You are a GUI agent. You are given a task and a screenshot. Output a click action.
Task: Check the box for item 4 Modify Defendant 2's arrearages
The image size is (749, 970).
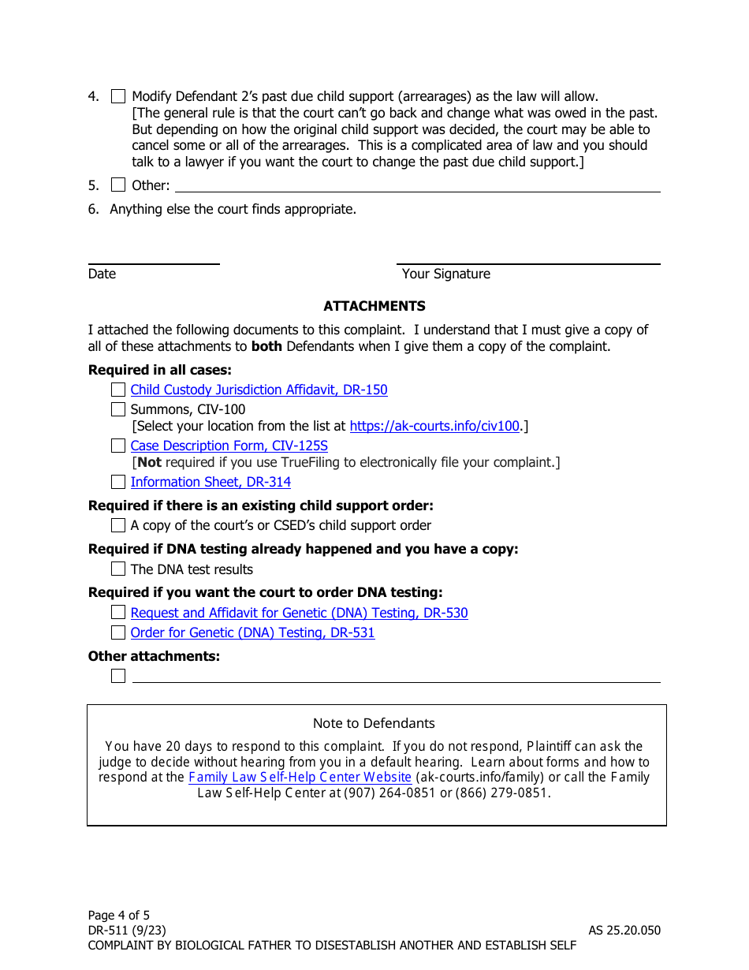118,97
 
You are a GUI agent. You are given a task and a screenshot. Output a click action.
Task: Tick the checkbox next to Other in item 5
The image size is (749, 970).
118,185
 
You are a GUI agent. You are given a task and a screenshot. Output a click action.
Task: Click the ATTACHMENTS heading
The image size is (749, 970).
374,306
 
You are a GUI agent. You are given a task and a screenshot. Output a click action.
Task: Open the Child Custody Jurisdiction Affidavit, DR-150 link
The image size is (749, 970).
259,390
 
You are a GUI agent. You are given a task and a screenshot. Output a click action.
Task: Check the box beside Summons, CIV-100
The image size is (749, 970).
118,409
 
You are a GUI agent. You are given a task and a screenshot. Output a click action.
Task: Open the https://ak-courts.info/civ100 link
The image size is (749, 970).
434,426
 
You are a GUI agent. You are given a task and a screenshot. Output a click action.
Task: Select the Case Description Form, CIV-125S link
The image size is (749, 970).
229,446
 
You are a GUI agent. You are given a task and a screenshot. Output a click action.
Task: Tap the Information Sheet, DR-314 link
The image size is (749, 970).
211,482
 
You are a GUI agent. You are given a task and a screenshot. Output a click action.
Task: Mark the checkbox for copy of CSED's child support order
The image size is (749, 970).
118,525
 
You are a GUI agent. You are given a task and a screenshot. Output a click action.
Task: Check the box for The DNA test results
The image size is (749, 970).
118,569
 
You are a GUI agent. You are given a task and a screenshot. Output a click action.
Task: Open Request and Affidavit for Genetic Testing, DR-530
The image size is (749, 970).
299,613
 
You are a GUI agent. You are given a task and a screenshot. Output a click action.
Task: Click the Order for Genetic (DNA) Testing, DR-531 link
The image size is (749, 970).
252,632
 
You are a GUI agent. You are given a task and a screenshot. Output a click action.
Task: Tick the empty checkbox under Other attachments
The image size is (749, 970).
118,676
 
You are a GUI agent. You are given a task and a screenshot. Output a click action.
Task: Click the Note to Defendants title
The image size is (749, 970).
374,723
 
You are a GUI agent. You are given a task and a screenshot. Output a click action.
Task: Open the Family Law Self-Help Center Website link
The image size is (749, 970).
300,777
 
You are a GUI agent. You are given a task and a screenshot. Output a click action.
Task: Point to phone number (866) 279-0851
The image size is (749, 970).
500,793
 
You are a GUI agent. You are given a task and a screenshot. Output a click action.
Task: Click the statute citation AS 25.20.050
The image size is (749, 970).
624,930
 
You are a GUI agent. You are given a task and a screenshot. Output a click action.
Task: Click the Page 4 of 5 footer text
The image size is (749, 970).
119,915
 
